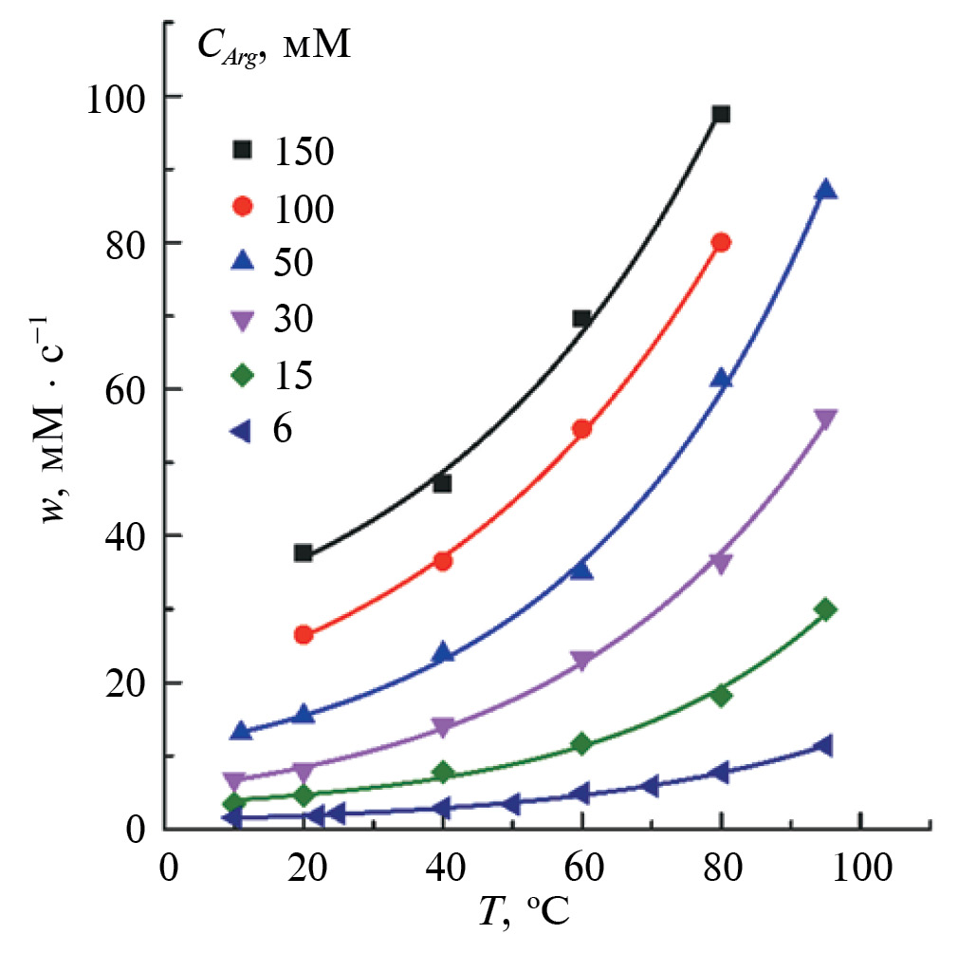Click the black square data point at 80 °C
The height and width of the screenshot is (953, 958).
[x=721, y=114]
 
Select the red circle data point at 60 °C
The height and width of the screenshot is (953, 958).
[x=582, y=429]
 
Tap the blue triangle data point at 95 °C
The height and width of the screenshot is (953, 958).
[x=825, y=190]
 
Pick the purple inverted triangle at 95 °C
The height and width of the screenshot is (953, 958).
[x=825, y=420]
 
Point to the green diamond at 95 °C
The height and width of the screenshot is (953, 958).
[x=825, y=609]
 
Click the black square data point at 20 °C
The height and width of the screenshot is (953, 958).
[x=304, y=552]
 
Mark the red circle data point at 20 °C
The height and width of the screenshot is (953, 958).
[x=304, y=635]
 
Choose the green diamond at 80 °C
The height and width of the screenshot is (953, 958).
[x=721, y=695]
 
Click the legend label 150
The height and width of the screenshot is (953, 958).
[x=305, y=152]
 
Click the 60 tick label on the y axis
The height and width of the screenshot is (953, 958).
[x=121, y=389]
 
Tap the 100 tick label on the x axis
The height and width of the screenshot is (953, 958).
[x=859, y=870]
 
